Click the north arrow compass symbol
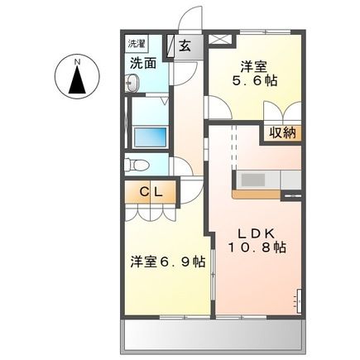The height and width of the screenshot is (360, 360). pyautogui.click(x=77, y=80)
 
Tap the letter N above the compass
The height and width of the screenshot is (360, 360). pyautogui.click(x=77, y=60)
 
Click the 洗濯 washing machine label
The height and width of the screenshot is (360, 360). pyautogui.click(x=135, y=41)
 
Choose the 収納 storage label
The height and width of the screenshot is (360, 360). pyautogui.click(x=281, y=132)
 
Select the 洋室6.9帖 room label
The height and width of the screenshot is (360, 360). pyautogui.click(x=167, y=262)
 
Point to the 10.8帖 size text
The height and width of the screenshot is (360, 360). pyautogui.click(x=257, y=247)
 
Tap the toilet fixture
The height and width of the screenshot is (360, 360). pyautogui.click(x=140, y=162)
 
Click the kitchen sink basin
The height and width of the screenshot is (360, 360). pyautogui.click(x=252, y=180)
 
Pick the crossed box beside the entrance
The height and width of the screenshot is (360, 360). pyautogui.click(x=220, y=38)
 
